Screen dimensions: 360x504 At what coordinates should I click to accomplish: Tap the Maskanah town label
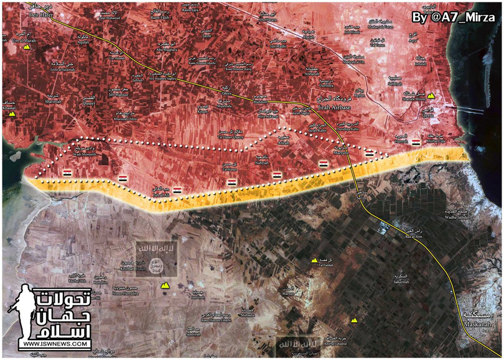click(x=477, y=321)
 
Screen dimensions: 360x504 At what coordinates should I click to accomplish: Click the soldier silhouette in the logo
click(x=24, y=314)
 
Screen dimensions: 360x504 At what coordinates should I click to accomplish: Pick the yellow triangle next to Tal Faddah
click(x=314, y=260)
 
